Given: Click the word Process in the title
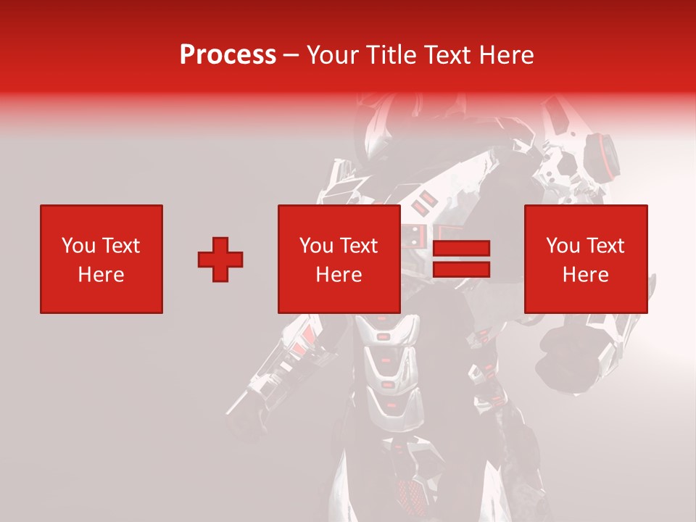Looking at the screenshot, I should coord(228,55).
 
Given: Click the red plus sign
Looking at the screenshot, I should coord(220,260).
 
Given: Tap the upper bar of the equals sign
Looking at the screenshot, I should coord(461,249).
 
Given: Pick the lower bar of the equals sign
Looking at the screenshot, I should coord(461,269).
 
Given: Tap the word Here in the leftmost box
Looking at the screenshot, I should coord(101,275).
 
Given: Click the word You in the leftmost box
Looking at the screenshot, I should coord(78,246).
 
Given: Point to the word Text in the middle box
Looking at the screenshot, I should coord(358,246).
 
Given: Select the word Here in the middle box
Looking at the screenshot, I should coord(339,275).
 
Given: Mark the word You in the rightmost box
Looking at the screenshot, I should coord(563,246).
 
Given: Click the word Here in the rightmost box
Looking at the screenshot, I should coord(585,275).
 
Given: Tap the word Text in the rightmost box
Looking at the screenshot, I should coord(605,246).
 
